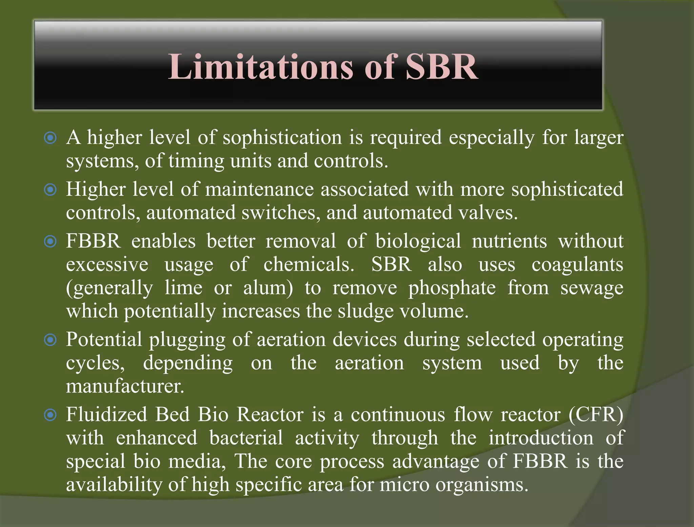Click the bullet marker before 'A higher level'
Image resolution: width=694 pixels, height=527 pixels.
tap(50, 138)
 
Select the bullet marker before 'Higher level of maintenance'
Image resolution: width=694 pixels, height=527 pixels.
tap(50, 190)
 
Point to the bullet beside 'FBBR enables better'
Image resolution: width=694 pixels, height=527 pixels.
tap(50, 241)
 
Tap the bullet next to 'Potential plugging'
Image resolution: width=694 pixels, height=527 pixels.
tap(50, 340)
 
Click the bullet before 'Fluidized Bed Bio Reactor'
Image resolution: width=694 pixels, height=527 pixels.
tap(50, 415)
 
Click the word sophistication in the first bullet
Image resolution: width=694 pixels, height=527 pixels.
tap(282, 138)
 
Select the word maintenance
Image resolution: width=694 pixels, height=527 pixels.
tap(259, 189)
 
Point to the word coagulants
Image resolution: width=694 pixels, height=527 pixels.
tap(577, 265)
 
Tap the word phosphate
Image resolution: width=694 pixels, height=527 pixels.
tap(452, 289)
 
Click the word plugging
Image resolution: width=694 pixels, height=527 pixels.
tap(187, 340)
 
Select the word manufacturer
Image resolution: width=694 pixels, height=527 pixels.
tap(125, 386)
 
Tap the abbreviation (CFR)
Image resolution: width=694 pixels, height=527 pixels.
tap(596, 415)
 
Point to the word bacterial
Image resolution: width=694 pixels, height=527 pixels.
tap(246, 438)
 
